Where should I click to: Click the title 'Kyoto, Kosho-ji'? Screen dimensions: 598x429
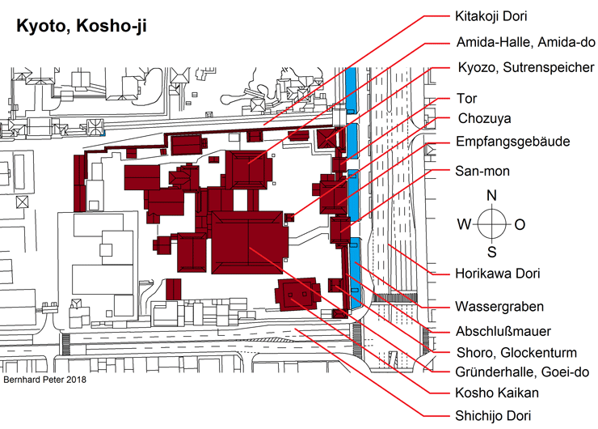[82, 27]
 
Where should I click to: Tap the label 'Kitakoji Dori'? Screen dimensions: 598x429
[491, 16]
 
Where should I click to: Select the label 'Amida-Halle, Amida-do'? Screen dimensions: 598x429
[525, 42]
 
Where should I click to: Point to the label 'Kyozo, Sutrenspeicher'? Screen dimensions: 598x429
[526, 67]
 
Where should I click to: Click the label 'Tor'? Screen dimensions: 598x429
[467, 98]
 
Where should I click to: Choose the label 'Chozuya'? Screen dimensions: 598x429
[484, 118]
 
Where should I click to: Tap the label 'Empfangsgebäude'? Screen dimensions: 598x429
[513, 142]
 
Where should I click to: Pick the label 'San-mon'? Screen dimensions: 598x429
[482, 171]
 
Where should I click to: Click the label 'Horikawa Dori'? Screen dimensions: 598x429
[498, 274]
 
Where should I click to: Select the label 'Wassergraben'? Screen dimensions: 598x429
[499, 307]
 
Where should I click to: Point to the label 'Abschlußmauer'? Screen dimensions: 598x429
[503, 331]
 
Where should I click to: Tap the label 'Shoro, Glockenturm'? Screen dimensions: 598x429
[516, 353]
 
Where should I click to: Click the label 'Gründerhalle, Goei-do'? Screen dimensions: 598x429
[522, 372]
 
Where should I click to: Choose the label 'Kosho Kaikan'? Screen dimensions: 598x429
[497, 393]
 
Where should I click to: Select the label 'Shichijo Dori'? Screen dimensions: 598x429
[493, 415]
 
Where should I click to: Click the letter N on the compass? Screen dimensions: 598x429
[491, 196]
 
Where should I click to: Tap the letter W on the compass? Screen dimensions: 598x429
[464, 224]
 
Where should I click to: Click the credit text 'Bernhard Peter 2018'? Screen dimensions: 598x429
[44, 380]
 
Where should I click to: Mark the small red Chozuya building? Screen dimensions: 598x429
[289, 218]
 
